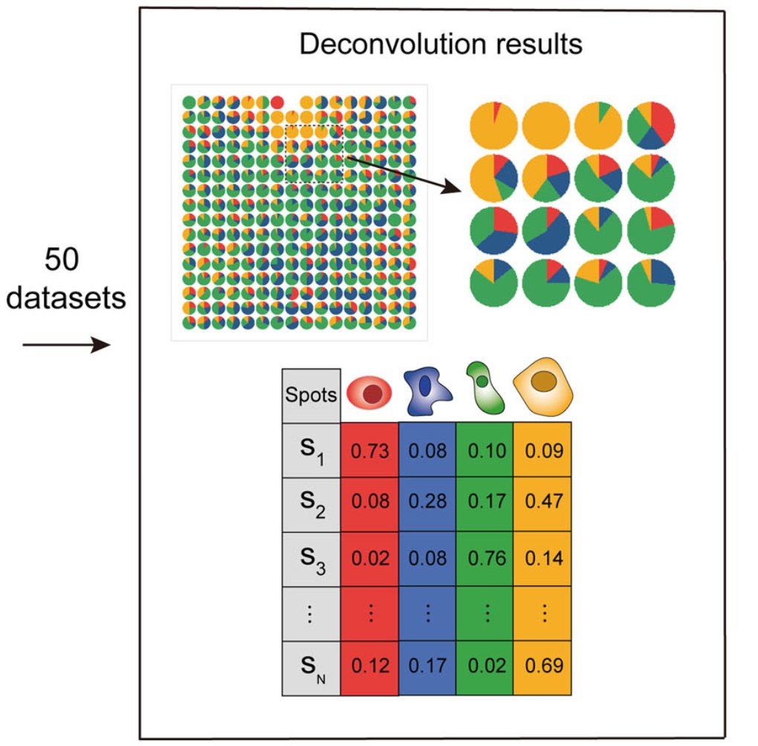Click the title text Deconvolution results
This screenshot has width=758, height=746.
(x=440, y=45)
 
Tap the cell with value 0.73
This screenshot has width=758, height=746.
(x=369, y=451)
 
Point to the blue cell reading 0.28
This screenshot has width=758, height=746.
(x=427, y=500)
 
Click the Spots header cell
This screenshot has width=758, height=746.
(x=311, y=395)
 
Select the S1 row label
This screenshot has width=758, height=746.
(x=311, y=451)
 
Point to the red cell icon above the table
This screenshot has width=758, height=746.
(x=369, y=393)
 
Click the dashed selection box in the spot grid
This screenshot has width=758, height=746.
(x=314, y=154)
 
